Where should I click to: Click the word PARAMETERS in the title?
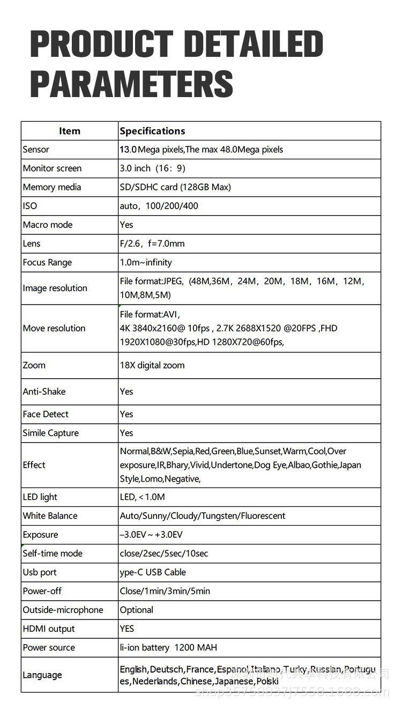[131, 84]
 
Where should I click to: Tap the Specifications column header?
[152, 131]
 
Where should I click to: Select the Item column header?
[70, 131]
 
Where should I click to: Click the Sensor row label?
[36, 150]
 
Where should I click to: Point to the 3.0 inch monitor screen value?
[152, 168]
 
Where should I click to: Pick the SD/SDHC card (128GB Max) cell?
[175, 187]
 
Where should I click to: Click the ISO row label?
[30, 206]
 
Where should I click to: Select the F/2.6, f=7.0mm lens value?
[152, 244]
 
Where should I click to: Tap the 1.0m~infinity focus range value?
[146, 262]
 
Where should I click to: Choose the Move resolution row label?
[54, 328]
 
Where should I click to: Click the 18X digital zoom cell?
[152, 365]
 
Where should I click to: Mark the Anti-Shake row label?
[44, 392]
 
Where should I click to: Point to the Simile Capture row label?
[50, 433]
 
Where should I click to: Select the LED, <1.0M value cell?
[143, 497]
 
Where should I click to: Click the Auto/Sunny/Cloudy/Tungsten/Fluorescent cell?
[203, 516]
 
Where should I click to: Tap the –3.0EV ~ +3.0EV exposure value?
[151, 535]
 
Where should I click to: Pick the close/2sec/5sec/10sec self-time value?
[164, 554]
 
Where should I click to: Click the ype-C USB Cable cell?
[153, 572]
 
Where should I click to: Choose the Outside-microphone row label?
[63, 610]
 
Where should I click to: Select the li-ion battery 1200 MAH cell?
[168, 647]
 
